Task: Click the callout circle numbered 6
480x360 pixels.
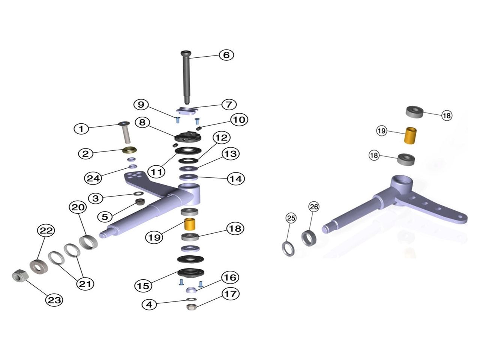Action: tap(226, 55)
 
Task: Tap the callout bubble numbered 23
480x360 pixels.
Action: tap(54, 300)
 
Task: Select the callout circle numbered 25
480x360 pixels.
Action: tap(291, 218)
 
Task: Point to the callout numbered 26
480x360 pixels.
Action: tap(314, 207)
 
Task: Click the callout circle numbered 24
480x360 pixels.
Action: tap(93, 178)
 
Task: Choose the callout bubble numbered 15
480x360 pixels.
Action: tap(143, 286)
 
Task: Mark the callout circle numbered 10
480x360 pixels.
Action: tap(239, 120)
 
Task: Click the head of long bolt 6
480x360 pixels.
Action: tap(186, 52)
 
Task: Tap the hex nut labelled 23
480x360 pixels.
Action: tap(20, 275)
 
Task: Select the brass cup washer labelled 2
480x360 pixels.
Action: tap(130, 150)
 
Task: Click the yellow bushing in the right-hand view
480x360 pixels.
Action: tap(410, 135)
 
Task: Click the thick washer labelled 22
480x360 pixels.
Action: tap(39, 266)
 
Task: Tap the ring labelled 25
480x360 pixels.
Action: tap(288, 249)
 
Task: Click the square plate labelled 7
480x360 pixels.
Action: tap(187, 111)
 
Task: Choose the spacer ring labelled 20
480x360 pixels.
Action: tap(88, 241)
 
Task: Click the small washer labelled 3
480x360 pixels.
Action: tap(138, 193)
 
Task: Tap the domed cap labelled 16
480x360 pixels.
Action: tap(191, 290)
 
